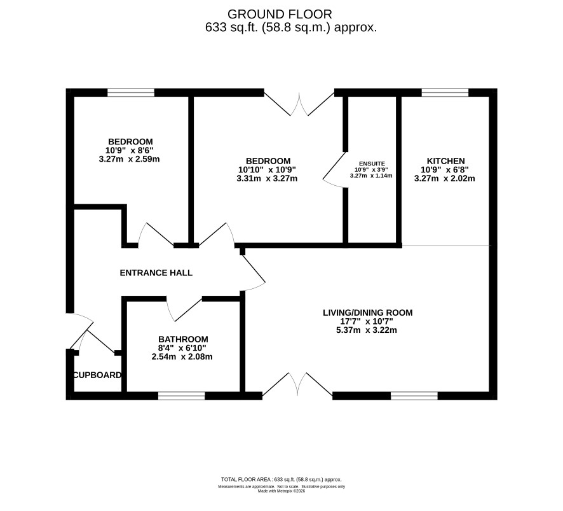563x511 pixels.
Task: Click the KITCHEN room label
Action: click(x=445, y=161)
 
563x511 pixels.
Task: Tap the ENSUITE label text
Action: click(x=372, y=164)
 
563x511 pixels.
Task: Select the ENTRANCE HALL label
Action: click(x=156, y=273)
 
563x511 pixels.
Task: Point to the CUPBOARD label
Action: click(x=97, y=375)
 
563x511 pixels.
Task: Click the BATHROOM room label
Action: click(x=183, y=339)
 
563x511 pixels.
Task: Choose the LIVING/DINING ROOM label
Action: click(x=368, y=312)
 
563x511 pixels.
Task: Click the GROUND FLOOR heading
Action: click(x=280, y=15)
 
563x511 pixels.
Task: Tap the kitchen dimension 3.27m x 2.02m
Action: click(x=445, y=178)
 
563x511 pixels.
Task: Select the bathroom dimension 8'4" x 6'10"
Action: click(x=182, y=348)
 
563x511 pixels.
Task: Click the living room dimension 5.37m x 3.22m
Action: click(x=367, y=330)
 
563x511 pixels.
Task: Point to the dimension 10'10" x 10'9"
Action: click(x=267, y=170)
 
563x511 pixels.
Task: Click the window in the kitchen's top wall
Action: click(x=445, y=93)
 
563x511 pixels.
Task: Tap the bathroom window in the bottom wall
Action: click(x=182, y=396)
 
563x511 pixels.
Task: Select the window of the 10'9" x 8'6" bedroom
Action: click(x=131, y=93)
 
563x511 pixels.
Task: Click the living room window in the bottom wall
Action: click(x=414, y=396)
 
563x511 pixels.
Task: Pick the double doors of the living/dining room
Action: click(x=297, y=384)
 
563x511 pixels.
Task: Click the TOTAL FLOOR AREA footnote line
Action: click(x=281, y=479)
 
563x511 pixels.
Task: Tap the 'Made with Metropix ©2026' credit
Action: click(x=281, y=491)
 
